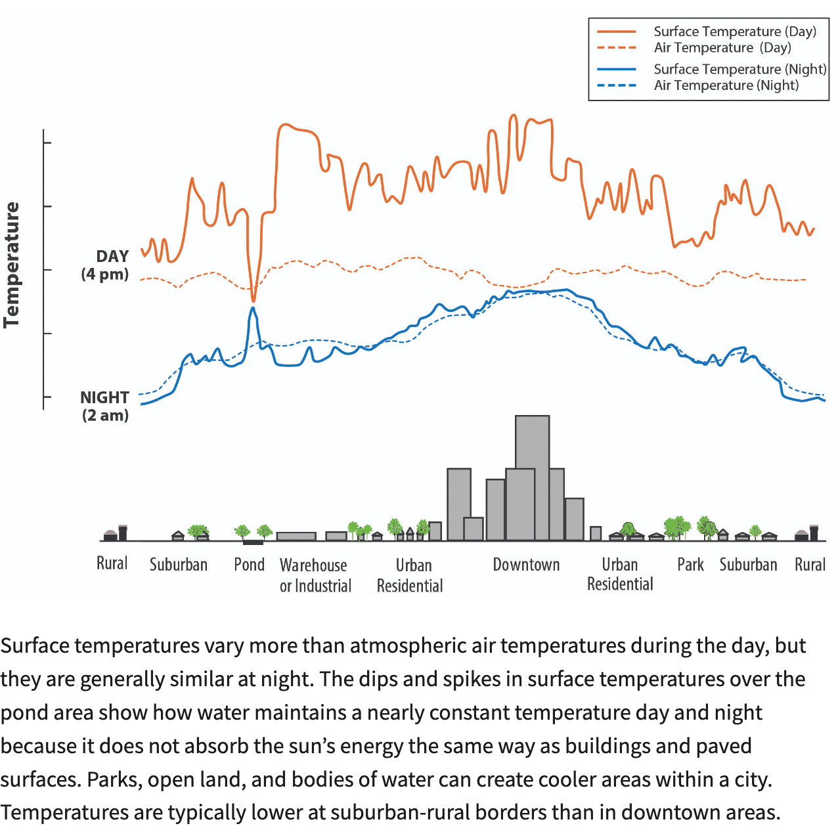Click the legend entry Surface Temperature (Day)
[x=734, y=32]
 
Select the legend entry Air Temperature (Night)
[x=726, y=85]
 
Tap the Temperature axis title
[x=12, y=265]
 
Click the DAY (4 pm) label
[x=105, y=265]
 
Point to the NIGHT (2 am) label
[x=104, y=406]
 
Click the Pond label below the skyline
[x=249, y=565]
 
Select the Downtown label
[x=526, y=565]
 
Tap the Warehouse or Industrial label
[x=315, y=575]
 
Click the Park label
[x=690, y=565]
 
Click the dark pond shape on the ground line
[x=253, y=542]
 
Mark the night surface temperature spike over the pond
[x=252, y=309]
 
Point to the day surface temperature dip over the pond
[x=254, y=299]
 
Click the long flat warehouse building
[x=296, y=536]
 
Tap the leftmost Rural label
[x=112, y=563]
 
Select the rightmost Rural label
[x=810, y=565]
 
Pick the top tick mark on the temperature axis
[x=47, y=142]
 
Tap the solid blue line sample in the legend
[x=617, y=69]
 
